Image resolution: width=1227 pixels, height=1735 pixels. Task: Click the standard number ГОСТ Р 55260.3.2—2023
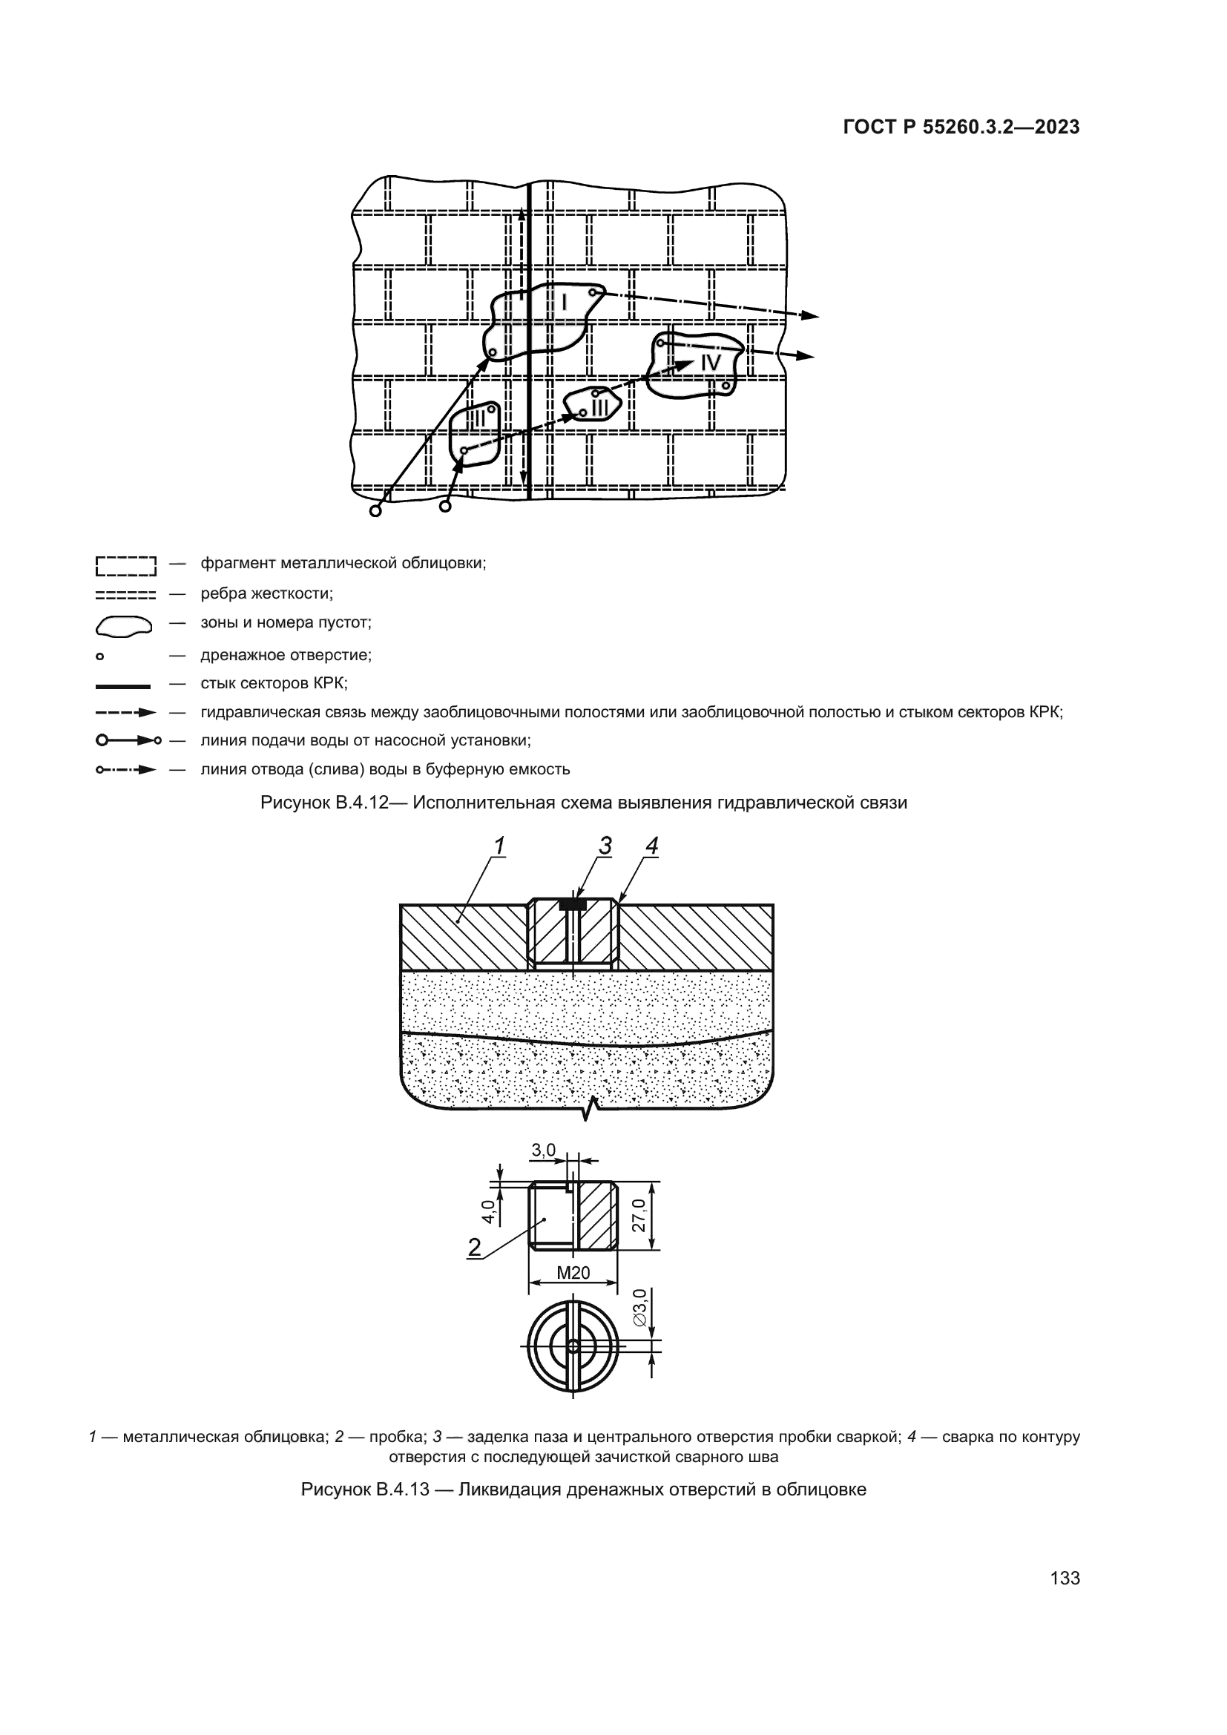(x=961, y=127)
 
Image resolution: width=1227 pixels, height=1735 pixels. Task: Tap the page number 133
(x=1065, y=1578)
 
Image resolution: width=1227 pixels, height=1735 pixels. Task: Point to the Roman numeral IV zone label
(x=710, y=363)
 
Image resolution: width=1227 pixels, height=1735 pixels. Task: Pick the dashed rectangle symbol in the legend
(x=125, y=564)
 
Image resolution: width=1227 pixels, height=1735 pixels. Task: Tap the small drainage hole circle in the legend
(x=99, y=656)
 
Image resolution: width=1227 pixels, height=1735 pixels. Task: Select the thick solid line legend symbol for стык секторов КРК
(x=123, y=686)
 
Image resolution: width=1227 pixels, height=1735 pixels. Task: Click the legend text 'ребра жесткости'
(x=266, y=594)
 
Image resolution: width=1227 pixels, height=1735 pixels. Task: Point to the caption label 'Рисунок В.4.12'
(x=323, y=803)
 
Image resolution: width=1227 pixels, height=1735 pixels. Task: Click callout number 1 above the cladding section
(x=499, y=846)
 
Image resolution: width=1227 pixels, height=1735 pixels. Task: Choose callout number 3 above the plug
(x=605, y=846)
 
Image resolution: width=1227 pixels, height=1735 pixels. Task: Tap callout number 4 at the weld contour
(x=651, y=846)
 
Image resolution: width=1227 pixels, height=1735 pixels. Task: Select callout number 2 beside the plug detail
(x=475, y=1248)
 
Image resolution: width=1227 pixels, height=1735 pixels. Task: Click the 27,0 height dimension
(x=639, y=1215)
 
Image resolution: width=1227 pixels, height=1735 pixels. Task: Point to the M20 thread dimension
(x=573, y=1274)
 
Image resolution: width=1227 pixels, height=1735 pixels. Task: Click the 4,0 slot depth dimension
(x=489, y=1211)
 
